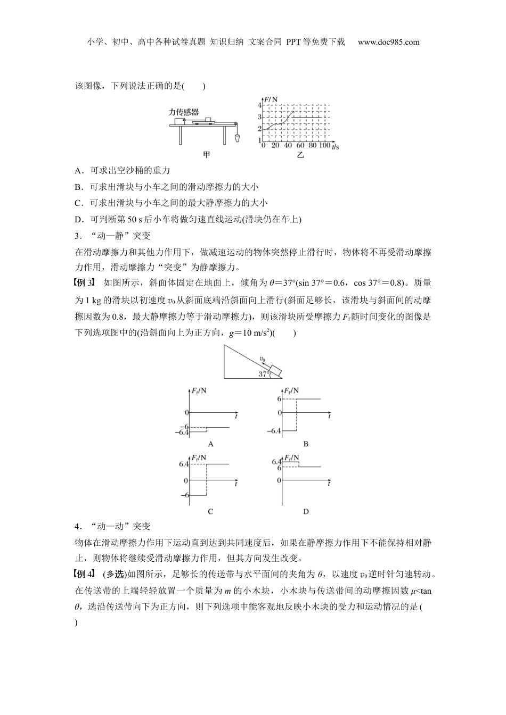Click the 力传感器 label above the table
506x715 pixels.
tap(183, 112)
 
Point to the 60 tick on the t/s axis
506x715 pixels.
tap(300, 145)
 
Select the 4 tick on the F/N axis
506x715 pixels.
tap(260, 105)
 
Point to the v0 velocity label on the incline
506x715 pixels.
tap(262, 360)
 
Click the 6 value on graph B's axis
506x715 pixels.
tap(279, 398)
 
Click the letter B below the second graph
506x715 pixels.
tap(306, 444)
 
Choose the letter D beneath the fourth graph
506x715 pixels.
tap(306, 511)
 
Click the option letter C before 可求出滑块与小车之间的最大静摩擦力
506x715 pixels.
tap(78, 203)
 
